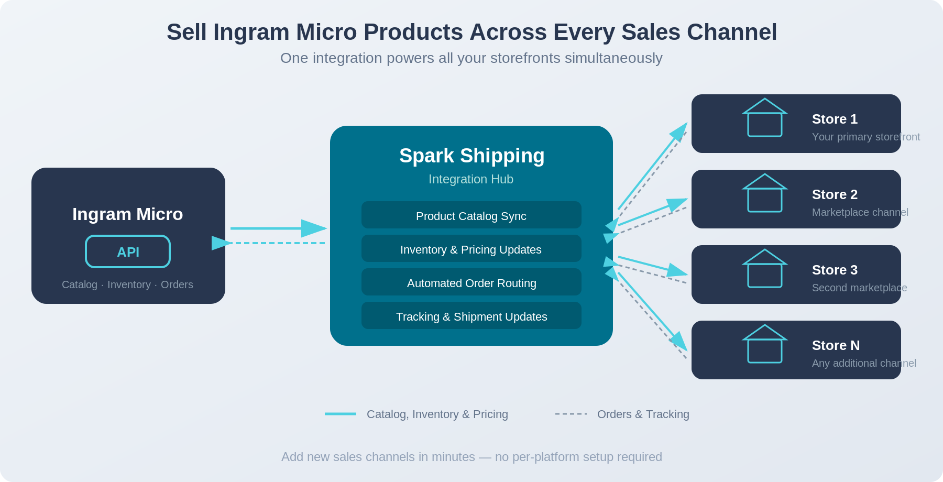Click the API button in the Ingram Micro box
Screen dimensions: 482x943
(x=128, y=251)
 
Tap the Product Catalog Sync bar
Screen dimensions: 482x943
(x=471, y=215)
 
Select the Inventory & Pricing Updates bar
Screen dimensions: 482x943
(x=471, y=249)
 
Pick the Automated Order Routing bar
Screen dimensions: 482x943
(x=471, y=282)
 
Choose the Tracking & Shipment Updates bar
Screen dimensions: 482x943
(x=471, y=316)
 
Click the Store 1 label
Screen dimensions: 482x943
(x=835, y=119)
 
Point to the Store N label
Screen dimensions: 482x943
(x=836, y=345)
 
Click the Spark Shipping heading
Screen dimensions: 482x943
(x=471, y=156)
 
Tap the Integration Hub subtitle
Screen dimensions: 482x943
(x=470, y=179)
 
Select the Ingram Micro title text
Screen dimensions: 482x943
(x=127, y=214)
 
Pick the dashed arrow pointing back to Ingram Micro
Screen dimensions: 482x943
(x=272, y=243)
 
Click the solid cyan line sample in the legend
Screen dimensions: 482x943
(x=340, y=414)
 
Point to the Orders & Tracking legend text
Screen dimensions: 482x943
(x=643, y=414)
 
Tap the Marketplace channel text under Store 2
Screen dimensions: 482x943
(x=860, y=212)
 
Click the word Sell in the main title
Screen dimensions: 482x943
(x=187, y=32)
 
